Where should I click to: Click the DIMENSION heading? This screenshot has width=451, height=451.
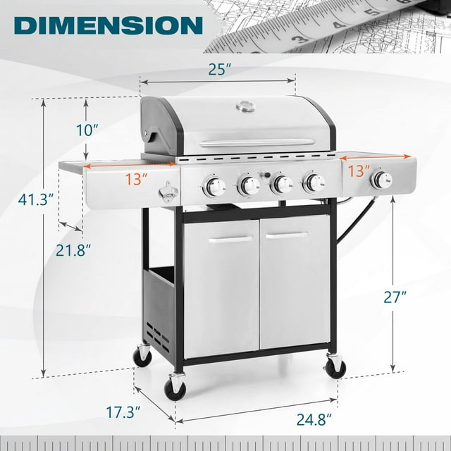(108, 25)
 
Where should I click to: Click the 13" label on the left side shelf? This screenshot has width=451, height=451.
(137, 179)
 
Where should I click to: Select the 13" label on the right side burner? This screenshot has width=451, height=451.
(358, 171)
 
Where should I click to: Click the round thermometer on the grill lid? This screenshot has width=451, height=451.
(244, 106)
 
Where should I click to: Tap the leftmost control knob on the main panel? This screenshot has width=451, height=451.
(214, 187)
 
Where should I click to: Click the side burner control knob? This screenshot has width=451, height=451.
(381, 180)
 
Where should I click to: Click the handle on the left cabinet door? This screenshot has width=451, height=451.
(230, 240)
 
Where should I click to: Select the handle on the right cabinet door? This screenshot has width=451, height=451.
(286, 235)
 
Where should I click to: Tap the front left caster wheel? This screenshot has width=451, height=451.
(174, 388)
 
